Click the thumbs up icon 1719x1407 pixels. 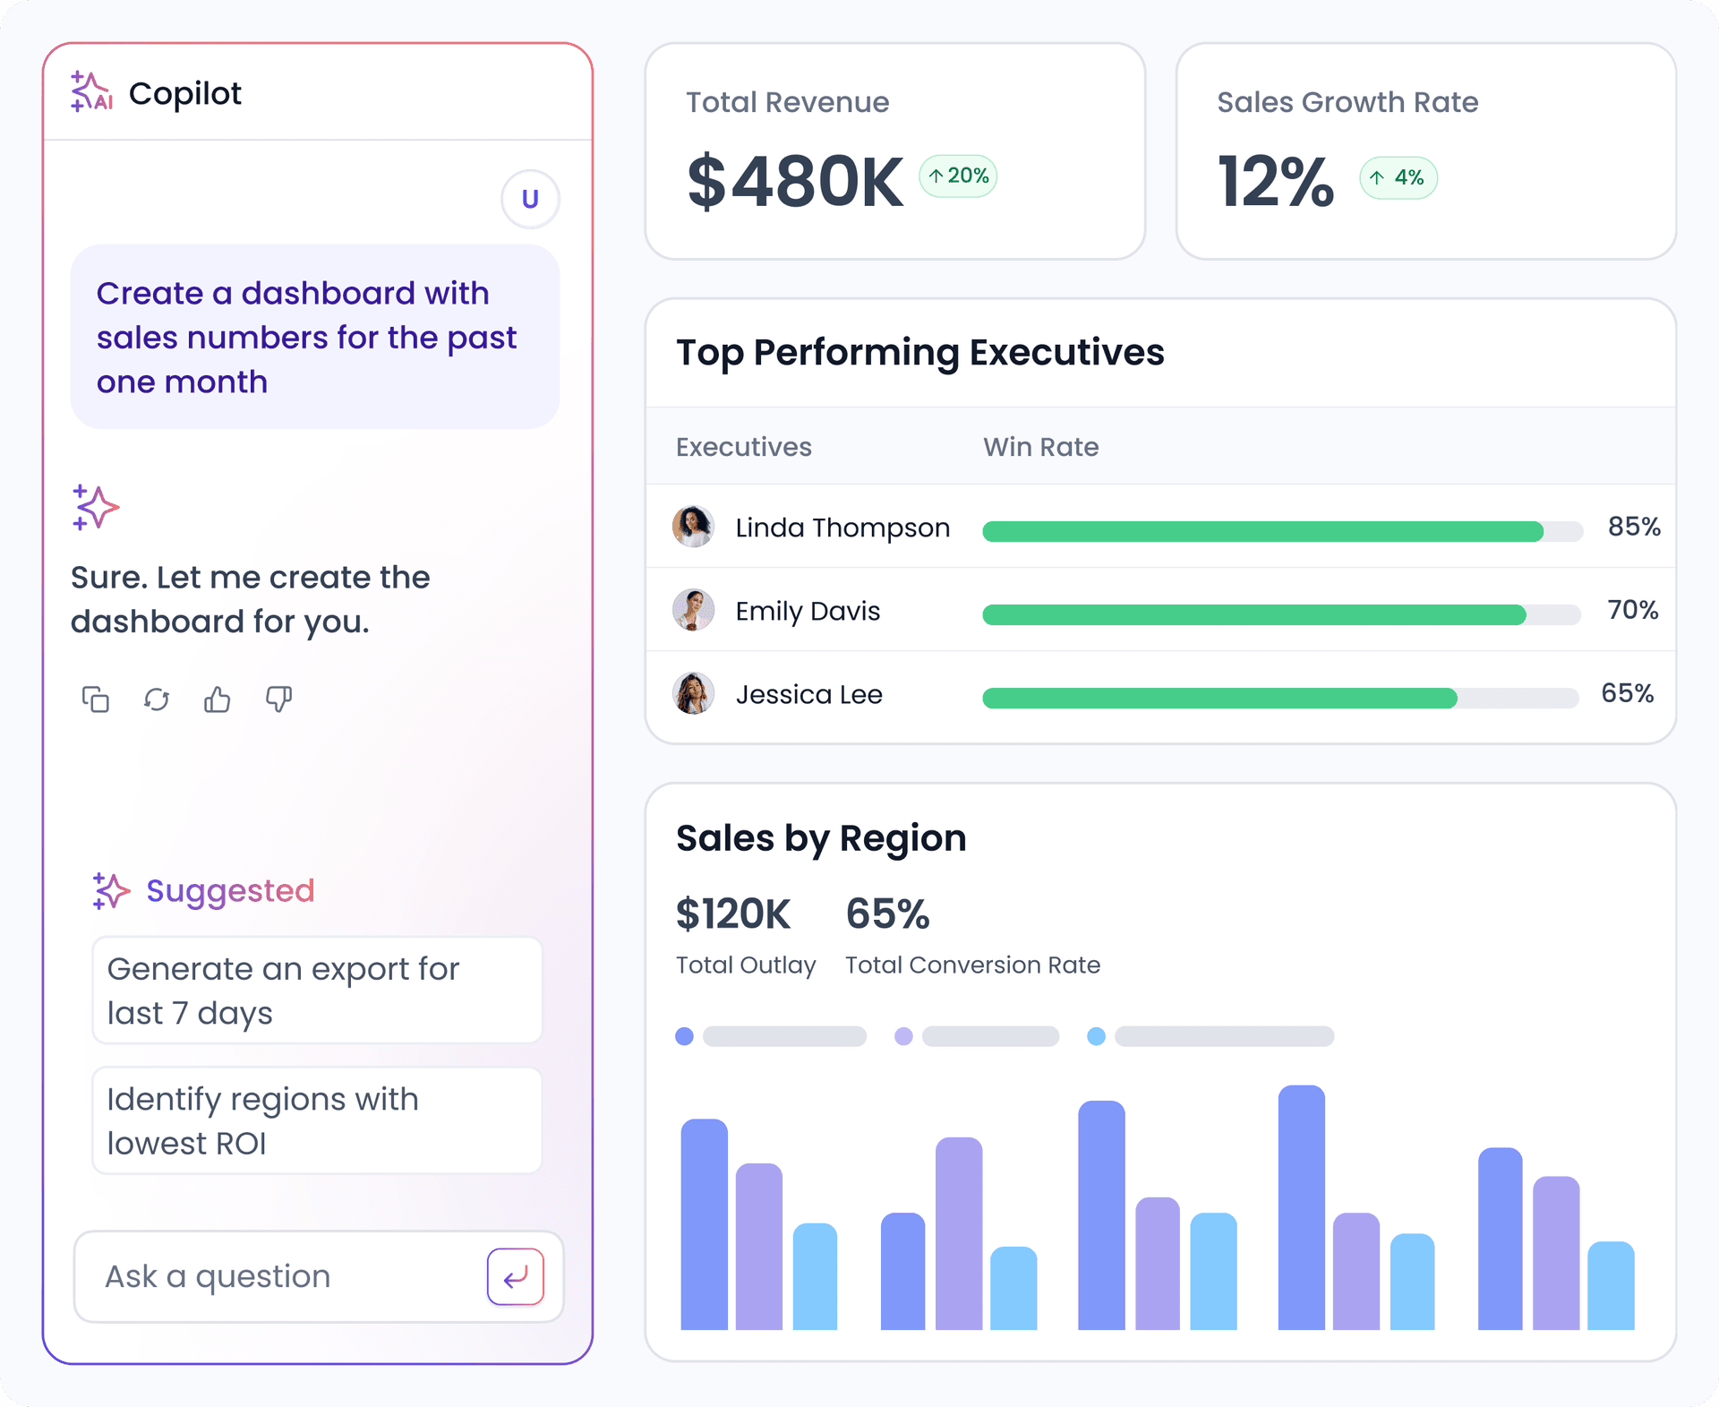[217, 699]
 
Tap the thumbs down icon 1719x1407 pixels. [278, 699]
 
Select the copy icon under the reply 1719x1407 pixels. [95, 699]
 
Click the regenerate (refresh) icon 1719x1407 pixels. [157, 699]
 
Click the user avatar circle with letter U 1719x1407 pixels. [530, 199]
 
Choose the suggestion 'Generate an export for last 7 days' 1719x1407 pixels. [317, 991]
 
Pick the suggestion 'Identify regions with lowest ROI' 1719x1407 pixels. [317, 1120]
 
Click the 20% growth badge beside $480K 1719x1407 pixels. [958, 176]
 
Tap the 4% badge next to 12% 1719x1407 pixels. [1398, 178]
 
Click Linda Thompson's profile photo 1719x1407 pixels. [693, 527]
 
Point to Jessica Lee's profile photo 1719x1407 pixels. [693, 693]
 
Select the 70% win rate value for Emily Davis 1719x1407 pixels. [1632, 610]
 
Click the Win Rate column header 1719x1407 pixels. [1040, 447]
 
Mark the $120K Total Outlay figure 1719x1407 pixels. [732, 914]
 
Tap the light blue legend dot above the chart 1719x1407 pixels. [1096, 1036]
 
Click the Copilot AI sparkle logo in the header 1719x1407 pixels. [91, 92]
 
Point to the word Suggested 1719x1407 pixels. [230, 891]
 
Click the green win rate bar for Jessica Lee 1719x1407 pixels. [1219, 699]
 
